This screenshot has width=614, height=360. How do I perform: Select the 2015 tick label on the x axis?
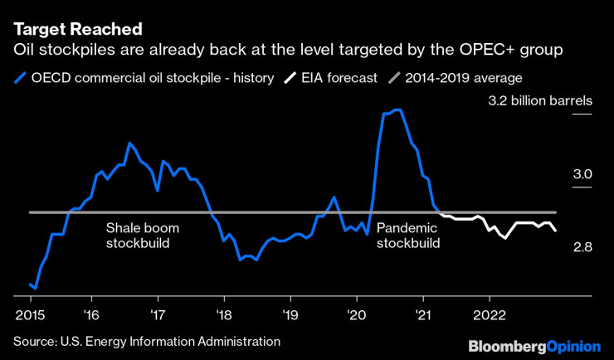tap(31, 314)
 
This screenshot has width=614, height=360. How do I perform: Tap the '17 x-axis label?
tap(158, 314)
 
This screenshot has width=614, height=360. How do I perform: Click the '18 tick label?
tap(224, 314)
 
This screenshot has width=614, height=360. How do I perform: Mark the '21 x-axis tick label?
tap(423, 314)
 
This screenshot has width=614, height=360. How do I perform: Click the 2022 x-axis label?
tap(489, 314)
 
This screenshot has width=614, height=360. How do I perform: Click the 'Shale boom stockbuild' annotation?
tap(142, 236)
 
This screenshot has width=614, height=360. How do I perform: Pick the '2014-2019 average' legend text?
tap(464, 79)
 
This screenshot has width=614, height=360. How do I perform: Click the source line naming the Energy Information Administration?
tap(146, 340)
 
